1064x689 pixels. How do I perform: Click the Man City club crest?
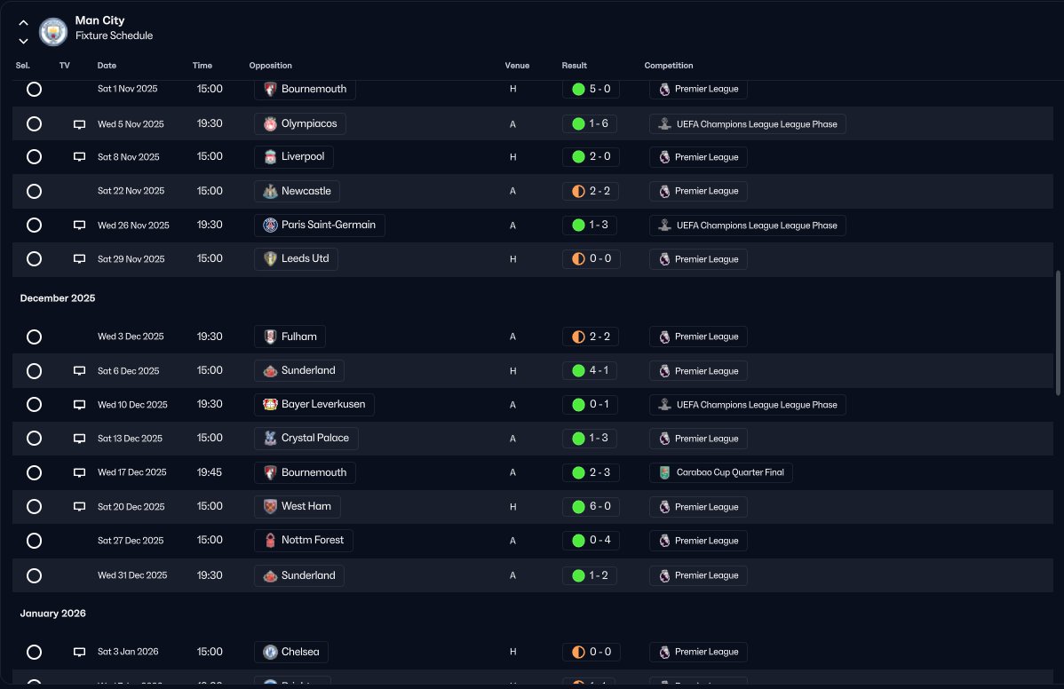[x=53, y=32]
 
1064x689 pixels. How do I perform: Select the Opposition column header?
[x=270, y=66]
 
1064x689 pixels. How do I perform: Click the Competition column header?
[x=668, y=66]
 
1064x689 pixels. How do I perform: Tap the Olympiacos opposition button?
[x=299, y=123]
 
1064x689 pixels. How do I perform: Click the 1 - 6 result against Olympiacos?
[x=591, y=123]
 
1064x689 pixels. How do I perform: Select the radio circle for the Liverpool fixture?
[x=34, y=157]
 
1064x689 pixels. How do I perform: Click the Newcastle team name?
[x=306, y=191]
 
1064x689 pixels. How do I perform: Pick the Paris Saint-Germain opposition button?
[x=319, y=225]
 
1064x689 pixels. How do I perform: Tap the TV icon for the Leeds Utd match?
[x=79, y=259]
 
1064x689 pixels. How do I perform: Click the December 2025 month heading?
[x=58, y=298]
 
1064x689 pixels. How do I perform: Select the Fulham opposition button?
[x=290, y=337]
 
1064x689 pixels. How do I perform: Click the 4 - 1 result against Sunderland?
[x=591, y=370]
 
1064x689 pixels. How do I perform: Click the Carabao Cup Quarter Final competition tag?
[x=720, y=472]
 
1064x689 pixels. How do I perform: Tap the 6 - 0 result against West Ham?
[x=591, y=506]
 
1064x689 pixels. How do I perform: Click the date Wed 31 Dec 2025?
[x=132, y=575]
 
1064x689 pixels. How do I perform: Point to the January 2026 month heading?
[x=53, y=614]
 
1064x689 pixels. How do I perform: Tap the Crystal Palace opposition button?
[x=306, y=438]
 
